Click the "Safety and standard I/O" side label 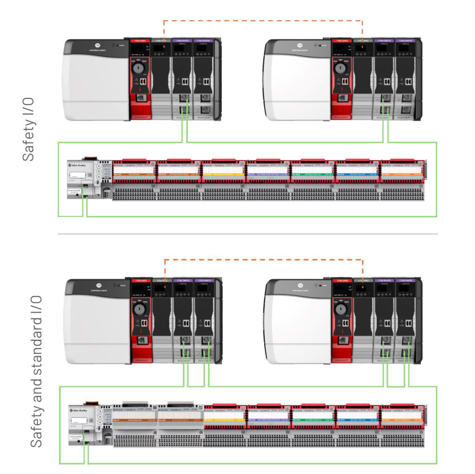pos(37,371)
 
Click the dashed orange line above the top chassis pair pos(263,21)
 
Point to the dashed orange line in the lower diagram pos(263,260)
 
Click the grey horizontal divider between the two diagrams pos(247,234)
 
